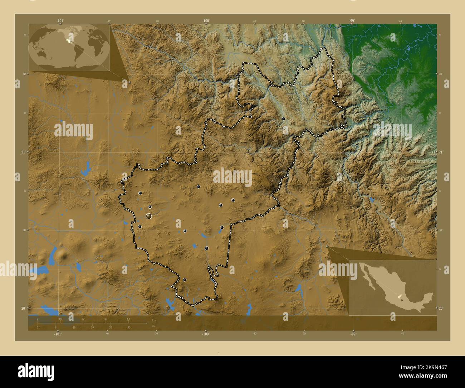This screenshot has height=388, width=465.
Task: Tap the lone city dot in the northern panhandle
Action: tap(283, 118)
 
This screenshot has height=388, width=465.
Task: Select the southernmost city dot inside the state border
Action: tap(185, 280)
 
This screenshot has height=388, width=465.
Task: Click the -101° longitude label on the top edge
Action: tap(60, 21)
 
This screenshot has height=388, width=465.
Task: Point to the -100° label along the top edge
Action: tap(206, 21)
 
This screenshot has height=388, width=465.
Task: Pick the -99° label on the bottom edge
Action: tap(353, 334)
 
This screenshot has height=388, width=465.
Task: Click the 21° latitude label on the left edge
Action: tap(23, 152)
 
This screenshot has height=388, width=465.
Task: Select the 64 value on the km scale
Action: tap(128, 318)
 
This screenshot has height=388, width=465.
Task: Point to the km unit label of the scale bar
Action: tap(154, 320)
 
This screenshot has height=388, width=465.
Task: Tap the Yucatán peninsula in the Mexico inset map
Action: tap(429, 297)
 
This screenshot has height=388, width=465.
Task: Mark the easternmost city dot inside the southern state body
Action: tap(233, 200)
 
